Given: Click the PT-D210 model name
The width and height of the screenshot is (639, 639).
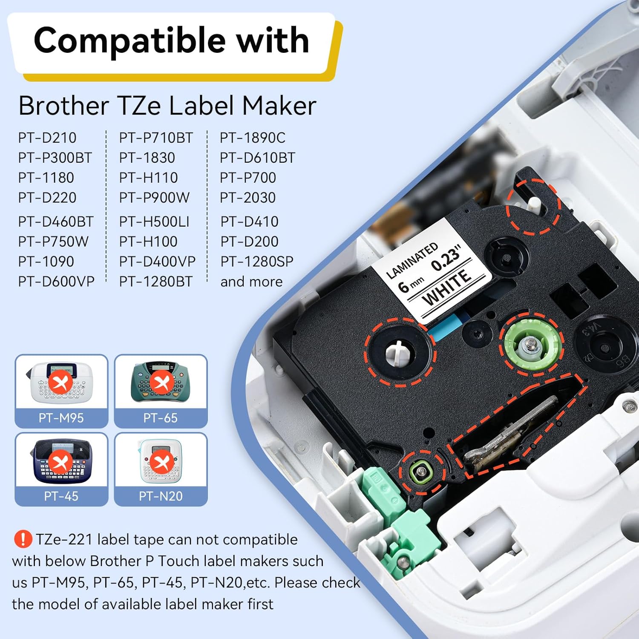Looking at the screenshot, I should coord(47,138).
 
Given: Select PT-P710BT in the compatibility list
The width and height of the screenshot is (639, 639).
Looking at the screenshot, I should coord(156,138).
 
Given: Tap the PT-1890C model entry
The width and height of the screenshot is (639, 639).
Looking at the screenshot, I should coord(253,138).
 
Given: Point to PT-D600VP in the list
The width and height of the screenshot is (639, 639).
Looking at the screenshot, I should coord(56,281).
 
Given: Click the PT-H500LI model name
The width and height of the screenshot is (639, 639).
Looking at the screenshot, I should coord(154,222).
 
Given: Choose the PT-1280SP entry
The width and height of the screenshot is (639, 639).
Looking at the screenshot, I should coord(257,261).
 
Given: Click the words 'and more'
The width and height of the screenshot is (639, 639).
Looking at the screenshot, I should coord(251,282).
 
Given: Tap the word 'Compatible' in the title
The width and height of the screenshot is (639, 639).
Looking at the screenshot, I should coord(130,40).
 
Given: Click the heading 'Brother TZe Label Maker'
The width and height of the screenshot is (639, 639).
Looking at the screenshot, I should coord(167,106).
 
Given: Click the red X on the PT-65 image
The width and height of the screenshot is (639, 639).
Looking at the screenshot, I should coord(161,382).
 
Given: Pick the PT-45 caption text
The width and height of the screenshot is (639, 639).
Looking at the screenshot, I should coord(61,496).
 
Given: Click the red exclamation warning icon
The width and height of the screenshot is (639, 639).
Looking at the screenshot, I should coord(23,539).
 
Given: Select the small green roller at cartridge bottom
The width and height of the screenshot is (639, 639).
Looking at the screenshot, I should coord(421,471).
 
